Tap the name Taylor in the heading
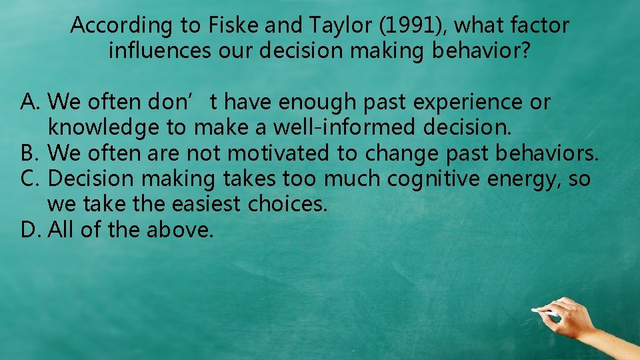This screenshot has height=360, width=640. [x=329, y=26]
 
